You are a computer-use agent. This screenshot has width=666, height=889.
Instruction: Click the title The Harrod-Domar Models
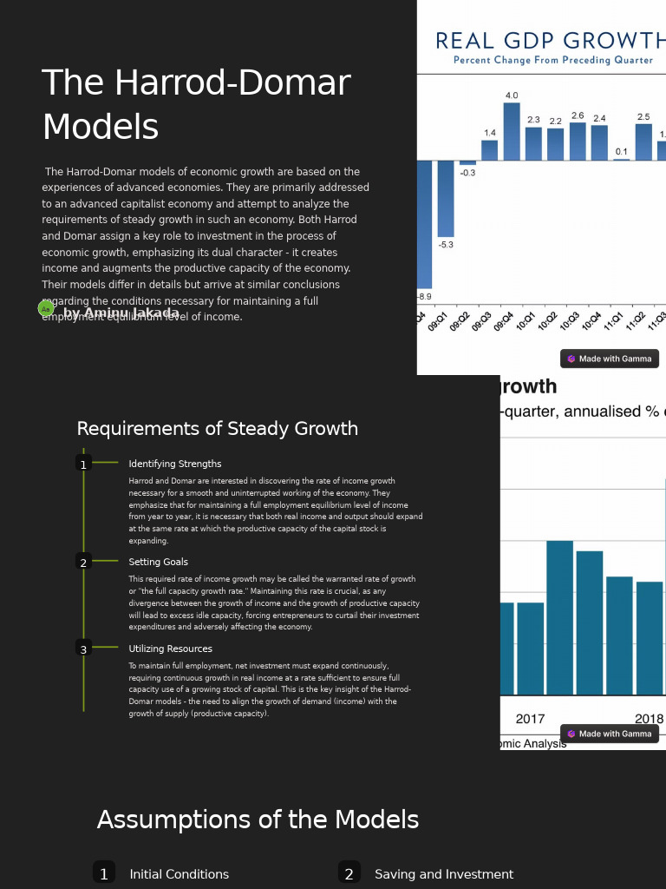pyautogui.click(x=196, y=105)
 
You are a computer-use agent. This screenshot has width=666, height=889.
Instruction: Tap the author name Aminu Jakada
pyautogui.click(x=121, y=313)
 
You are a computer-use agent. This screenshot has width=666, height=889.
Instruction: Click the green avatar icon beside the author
pyautogui.click(x=46, y=309)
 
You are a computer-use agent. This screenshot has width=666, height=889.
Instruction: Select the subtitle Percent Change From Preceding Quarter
pyautogui.click(x=552, y=60)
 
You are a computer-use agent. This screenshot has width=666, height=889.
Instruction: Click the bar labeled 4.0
pyautogui.click(x=512, y=131)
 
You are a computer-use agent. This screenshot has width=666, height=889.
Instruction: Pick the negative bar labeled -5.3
pyautogui.click(x=445, y=199)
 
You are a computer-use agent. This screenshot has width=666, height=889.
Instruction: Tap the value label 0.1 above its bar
pyautogui.click(x=621, y=152)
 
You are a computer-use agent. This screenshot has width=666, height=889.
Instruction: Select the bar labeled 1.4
pyautogui.click(x=490, y=150)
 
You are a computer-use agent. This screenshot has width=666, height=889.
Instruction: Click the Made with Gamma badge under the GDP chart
pyautogui.click(x=609, y=359)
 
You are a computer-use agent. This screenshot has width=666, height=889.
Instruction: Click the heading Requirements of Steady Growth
pyautogui.click(x=217, y=429)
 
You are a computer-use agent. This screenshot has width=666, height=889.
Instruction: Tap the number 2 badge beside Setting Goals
pyautogui.click(x=83, y=563)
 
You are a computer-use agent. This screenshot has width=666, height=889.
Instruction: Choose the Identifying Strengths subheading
pyautogui.click(x=175, y=464)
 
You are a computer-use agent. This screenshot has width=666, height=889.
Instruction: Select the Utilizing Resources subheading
pyautogui.click(x=170, y=649)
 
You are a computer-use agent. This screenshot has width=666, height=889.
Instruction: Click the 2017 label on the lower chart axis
pyautogui.click(x=530, y=719)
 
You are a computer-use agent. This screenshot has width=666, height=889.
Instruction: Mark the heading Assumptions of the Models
pyautogui.click(x=258, y=820)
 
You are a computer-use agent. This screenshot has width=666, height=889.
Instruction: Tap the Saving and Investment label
pyautogui.click(x=444, y=874)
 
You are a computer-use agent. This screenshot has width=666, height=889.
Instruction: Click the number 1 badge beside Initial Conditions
pyautogui.click(x=104, y=873)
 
